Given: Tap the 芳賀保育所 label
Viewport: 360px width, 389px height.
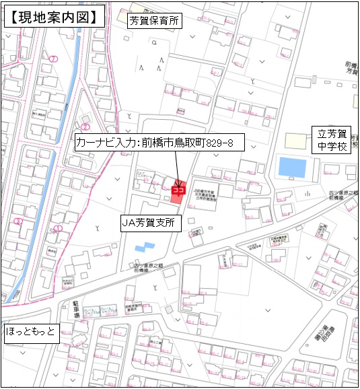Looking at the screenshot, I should (x=155, y=22).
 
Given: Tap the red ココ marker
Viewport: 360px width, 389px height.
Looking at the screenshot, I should (x=178, y=190).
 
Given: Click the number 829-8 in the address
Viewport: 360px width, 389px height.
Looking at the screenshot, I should (x=223, y=143).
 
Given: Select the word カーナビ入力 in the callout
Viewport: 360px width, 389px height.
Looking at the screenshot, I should (x=105, y=143).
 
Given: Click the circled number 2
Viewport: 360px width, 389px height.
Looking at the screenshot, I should (x=85, y=127).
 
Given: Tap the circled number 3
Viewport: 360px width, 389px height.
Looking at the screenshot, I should (x=19, y=221).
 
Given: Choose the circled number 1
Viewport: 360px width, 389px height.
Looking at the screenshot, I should (x=58, y=229).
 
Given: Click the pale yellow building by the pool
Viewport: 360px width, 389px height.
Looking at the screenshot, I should (x=294, y=141).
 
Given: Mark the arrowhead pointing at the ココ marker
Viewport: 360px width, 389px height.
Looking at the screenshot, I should (x=178, y=181).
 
